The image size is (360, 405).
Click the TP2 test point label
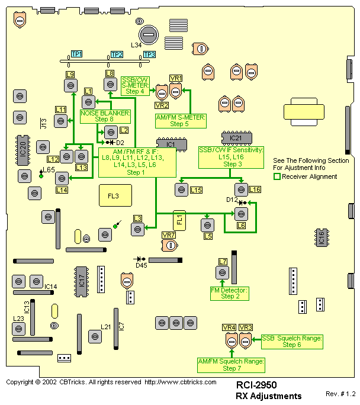click(117, 54)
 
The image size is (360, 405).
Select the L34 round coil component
click(148, 34)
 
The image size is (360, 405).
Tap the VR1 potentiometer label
click(176, 78)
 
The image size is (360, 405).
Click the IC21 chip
click(236, 138)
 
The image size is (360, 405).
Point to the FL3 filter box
click(113, 195)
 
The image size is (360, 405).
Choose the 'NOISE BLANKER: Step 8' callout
click(105, 116)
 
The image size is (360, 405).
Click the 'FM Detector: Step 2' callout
click(229, 293)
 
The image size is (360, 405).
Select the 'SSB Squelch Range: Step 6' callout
click(292, 341)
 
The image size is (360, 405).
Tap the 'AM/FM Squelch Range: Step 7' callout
click(231, 364)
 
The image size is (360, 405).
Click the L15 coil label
click(197, 189)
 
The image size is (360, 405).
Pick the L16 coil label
click(255, 189)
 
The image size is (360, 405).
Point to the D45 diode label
click(141, 265)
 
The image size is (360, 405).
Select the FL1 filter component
click(179, 221)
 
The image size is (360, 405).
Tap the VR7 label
click(169, 236)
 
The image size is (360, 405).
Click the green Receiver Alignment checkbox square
click(277, 176)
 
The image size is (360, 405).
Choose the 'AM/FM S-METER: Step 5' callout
click(180, 121)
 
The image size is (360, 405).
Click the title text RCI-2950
click(256, 385)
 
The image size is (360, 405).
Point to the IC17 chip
click(81, 281)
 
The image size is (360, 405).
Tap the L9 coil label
click(70, 74)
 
